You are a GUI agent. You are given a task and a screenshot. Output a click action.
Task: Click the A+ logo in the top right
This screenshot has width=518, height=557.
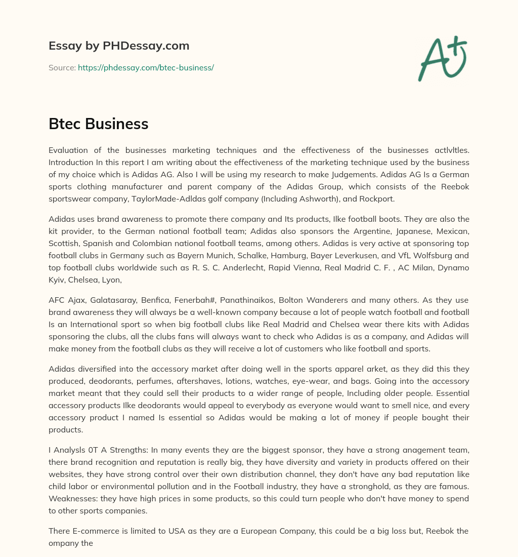pos(442,58)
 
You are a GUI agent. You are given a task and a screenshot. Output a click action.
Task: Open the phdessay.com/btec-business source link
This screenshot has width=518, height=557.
pos(146,67)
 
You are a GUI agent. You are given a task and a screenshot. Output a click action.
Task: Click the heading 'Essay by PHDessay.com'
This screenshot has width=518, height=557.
pos(119,46)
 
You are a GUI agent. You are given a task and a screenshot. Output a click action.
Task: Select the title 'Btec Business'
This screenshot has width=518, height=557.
pos(98,124)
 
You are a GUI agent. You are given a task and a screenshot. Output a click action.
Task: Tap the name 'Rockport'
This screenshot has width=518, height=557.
pos(376,198)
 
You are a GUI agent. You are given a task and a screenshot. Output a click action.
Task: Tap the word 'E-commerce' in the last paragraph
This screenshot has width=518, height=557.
pos(94,531)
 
